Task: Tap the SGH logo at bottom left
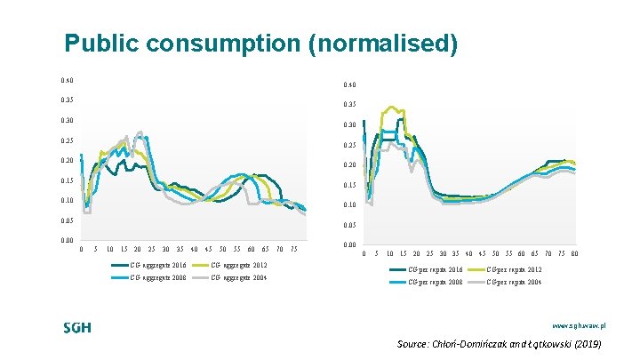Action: pyautogui.click(x=77, y=328)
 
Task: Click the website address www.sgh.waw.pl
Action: pyautogui.click(x=579, y=327)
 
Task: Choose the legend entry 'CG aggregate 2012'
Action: pyautogui.click(x=240, y=265)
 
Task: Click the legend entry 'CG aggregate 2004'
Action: pyautogui.click(x=240, y=278)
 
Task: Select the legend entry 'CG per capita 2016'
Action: pyautogui.click(x=436, y=268)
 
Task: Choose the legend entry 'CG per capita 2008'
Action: pyautogui.click(x=436, y=282)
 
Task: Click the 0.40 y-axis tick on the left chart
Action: pyautogui.click(x=67, y=80)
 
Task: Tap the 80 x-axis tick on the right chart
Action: pyautogui.click(x=574, y=253)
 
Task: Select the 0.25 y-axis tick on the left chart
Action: pyautogui.click(x=67, y=140)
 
